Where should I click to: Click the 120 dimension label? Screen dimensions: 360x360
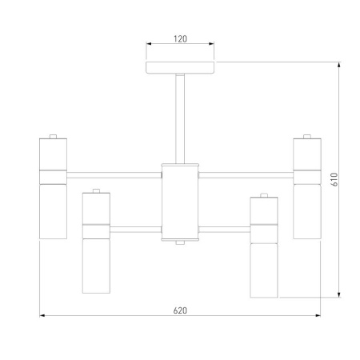(180, 39)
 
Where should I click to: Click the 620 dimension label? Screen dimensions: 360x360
(180, 310)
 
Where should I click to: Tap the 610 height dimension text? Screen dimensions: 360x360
(335, 179)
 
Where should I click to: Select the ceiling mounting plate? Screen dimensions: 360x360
(180, 68)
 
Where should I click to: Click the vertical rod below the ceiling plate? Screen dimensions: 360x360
(180, 118)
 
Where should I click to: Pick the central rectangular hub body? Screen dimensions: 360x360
(180, 202)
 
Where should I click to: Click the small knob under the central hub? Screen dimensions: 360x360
(180, 242)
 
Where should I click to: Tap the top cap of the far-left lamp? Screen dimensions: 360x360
(53, 136)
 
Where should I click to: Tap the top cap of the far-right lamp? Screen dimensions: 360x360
(307, 136)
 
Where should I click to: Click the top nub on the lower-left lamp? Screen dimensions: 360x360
(96, 190)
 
